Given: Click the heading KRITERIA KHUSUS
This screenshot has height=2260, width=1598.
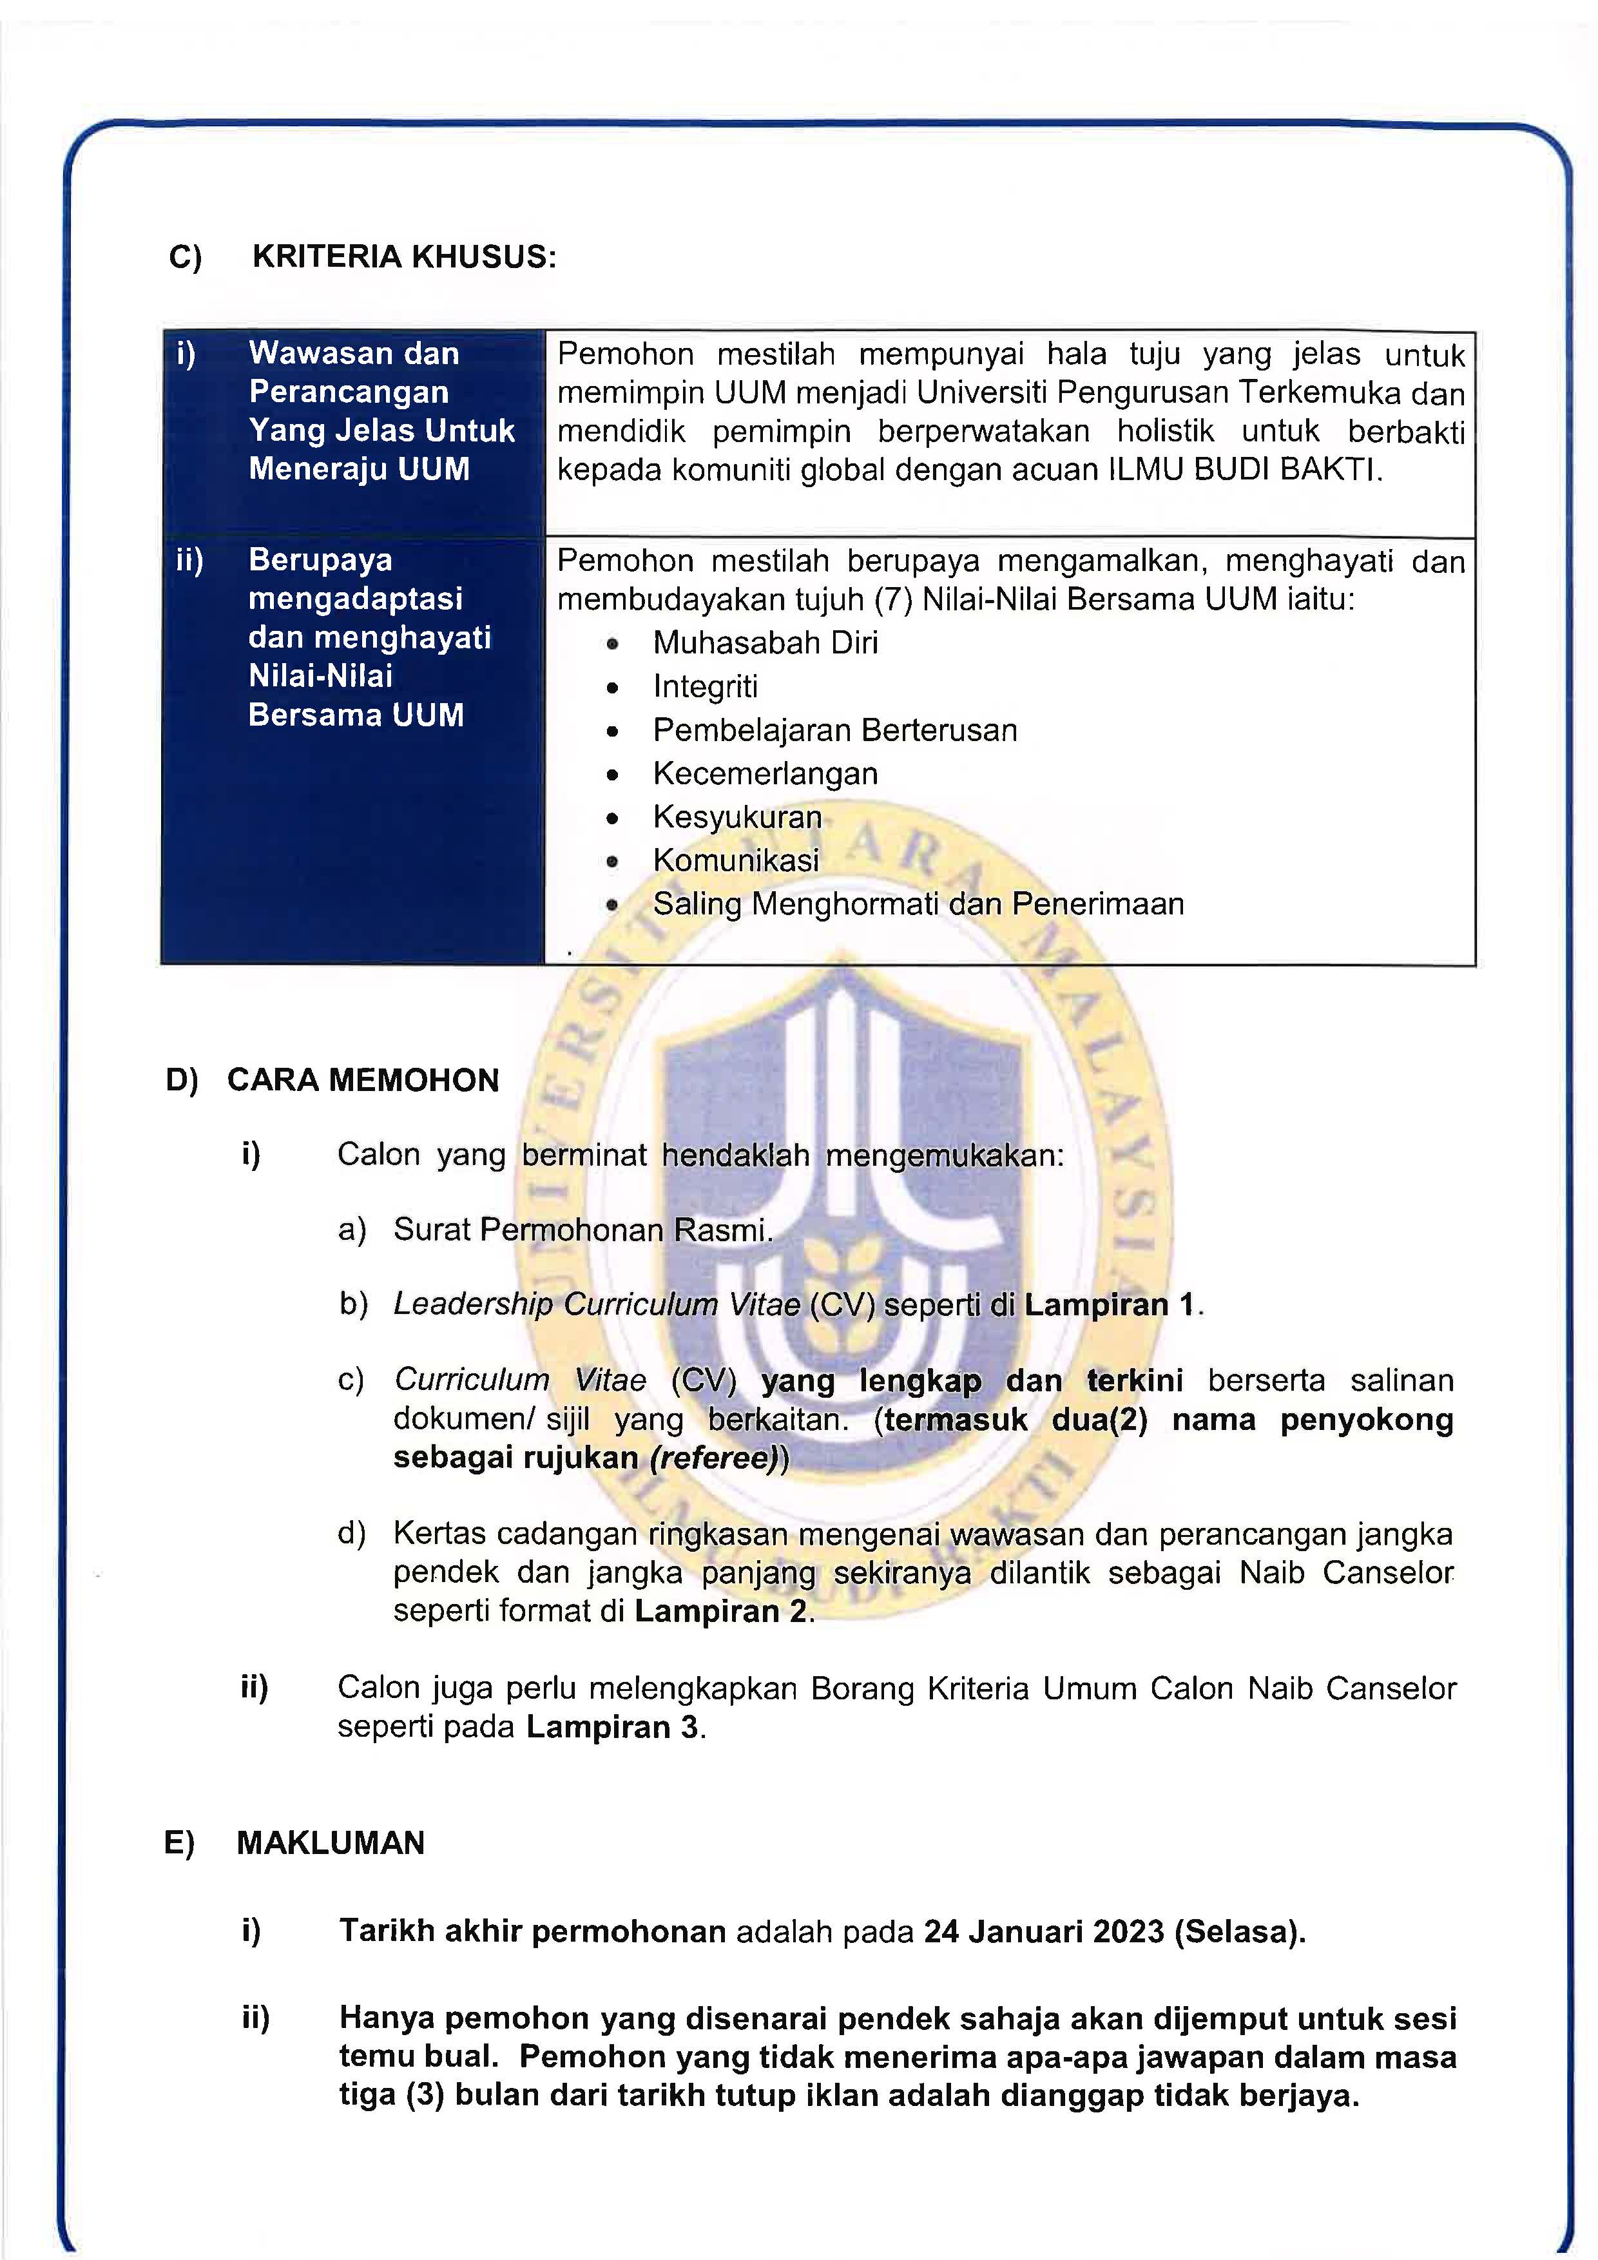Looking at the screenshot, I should click(403, 257).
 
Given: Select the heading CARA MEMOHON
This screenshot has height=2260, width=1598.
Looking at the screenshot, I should click(362, 1080).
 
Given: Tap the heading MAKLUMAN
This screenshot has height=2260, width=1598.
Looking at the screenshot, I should click(330, 1842).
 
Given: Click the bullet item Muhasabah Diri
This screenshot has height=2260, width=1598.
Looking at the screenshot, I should click(765, 642).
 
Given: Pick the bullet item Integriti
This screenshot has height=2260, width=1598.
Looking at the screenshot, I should click(704, 686).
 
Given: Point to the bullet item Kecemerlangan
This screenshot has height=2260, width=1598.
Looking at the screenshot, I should click(765, 774).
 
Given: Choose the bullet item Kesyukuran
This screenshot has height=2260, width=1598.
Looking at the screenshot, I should click(737, 817).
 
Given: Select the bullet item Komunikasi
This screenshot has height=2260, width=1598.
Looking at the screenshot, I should click(735, 860).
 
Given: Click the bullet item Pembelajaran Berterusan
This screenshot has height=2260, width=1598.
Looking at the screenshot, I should click(834, 730).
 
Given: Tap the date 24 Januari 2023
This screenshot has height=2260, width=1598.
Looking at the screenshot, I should click(1043, 1931).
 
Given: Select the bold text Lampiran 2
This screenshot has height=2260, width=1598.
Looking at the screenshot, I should click(720, 1611).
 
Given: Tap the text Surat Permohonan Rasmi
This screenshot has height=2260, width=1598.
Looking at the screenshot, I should click(582, 1230).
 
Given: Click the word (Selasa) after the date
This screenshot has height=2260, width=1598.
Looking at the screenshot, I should click(1238, 1931).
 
